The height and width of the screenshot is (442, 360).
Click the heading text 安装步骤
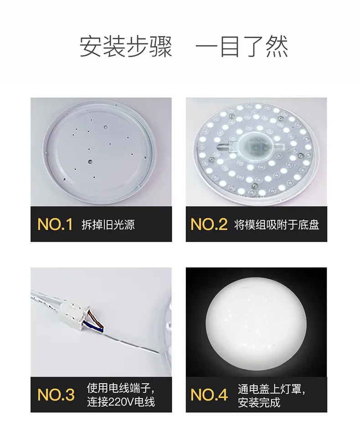pyautogui.click(x=126, y=46)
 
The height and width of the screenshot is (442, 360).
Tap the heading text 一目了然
pyautogui.click(x=242, y=46)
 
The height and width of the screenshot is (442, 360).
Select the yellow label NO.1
pyautogui.click(x=55, y=224)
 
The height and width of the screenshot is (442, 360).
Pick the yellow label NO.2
pyautogui.click(x=209, y=224)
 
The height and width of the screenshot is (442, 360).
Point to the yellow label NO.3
pyautogui.click(x=56, y=395)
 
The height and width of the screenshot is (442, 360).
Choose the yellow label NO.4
pyautogui.click(x=209, y=395)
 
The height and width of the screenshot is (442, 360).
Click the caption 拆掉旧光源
pyautogui.click(x=108, y=225)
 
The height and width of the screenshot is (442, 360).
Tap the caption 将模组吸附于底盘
pyautogui.click(x=277, y=225)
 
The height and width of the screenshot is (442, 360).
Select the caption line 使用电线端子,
pyautogui.click(x=121, y=388)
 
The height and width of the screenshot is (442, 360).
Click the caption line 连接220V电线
pyautogui.click(x=121, y=402)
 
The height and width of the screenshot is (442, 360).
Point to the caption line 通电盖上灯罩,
pyautogui.click(x=272, y=389)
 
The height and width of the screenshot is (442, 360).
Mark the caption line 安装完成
pyautogui.click(x=259, y=402)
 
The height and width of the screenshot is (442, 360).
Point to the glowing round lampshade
pyautogui.click(x=256, y=324)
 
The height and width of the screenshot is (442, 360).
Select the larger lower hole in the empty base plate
pyautogui.click(x=90, y=162)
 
